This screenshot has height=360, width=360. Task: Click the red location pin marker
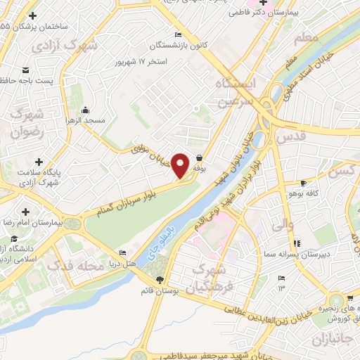coord(181,165)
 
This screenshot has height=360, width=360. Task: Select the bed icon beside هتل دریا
coord(124,253)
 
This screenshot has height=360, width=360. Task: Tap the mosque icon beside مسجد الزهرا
coord(85,110)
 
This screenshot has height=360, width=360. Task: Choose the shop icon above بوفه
coord(200,158)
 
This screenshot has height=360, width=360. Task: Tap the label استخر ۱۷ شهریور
coord(137,62)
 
